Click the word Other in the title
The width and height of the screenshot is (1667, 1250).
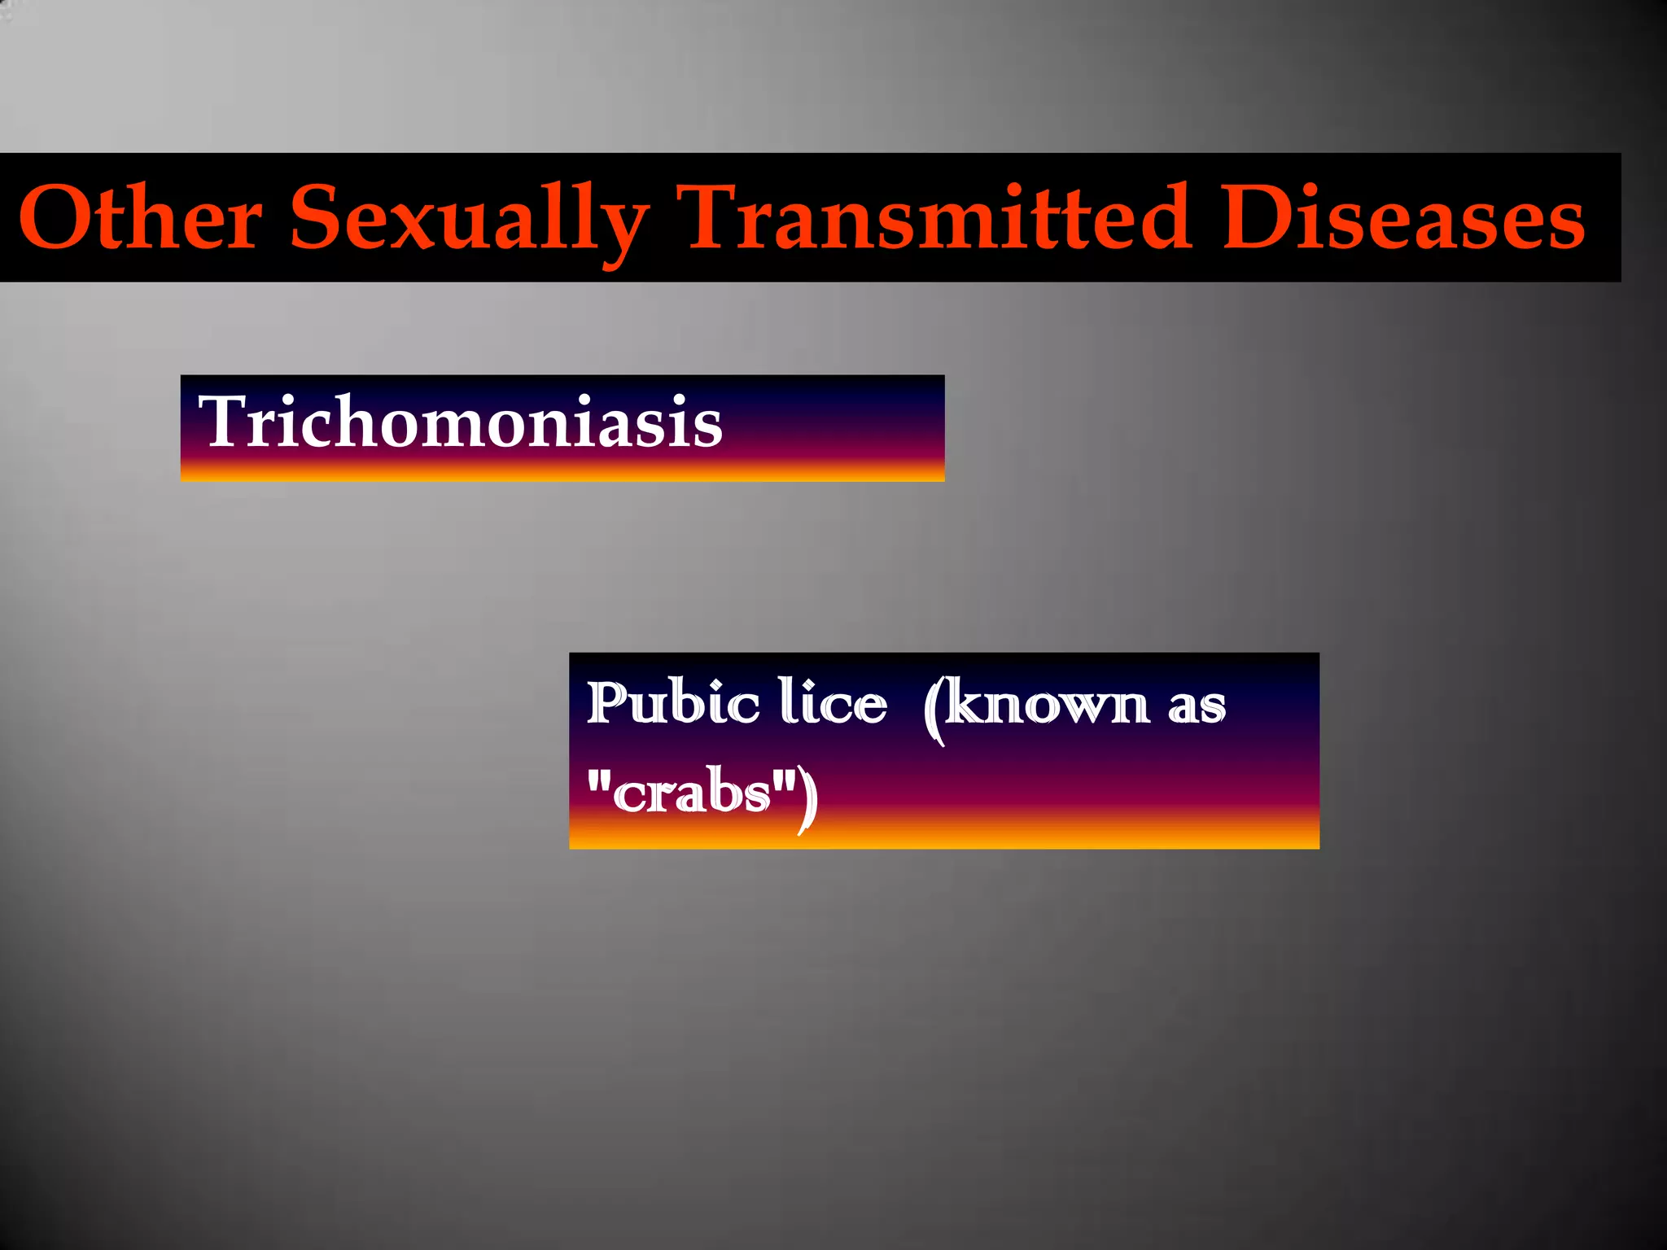(140, 217)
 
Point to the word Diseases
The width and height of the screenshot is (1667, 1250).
(1403, 217)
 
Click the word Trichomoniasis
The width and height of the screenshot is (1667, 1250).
(461, 422)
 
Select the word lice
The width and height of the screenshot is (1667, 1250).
(832, 701)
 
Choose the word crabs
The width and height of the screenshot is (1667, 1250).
(692, 793)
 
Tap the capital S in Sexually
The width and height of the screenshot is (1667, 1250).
(317, 217)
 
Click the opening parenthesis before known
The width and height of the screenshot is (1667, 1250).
(934, 710)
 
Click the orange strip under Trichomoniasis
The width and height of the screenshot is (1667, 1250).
(562, 472)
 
